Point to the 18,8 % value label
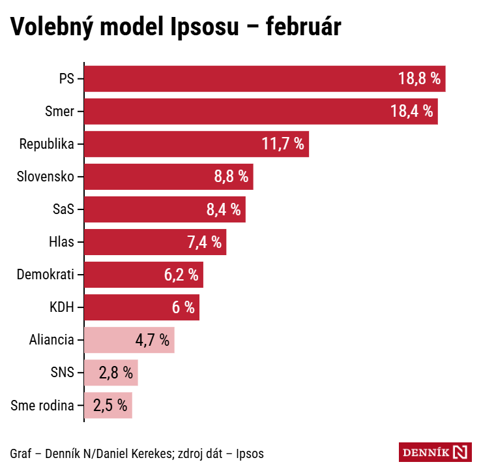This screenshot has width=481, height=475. click(x=420, y=79)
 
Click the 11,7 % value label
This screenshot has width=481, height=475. click(x=283, y=144)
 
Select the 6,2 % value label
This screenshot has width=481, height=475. click(x=181, y=275)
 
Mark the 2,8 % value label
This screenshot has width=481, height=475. click(x=116, y=373)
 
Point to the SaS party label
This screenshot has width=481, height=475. click(x=63, y=209)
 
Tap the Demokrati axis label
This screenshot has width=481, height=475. click(x=46, y=275)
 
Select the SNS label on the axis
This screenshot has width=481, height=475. click(x=62, y=373)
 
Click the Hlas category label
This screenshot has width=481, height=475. click(x=61, y=242)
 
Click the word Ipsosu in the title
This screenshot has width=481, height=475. click(x=211, y=27)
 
